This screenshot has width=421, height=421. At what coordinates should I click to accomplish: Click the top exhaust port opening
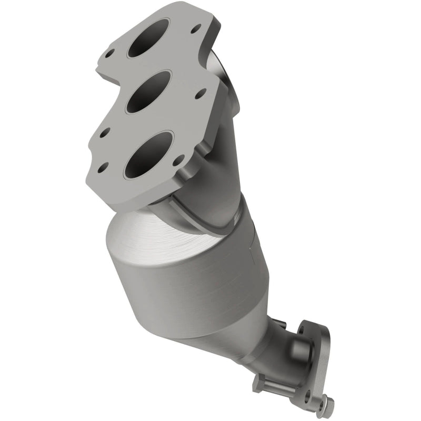[x=148, y=38]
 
